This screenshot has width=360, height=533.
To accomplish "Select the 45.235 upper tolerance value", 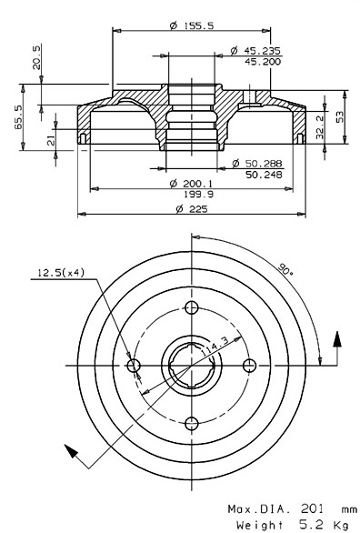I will [x=262, y=51].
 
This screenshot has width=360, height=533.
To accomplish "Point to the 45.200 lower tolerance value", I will [x=262, y=62].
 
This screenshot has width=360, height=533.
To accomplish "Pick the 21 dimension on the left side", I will [x=51, y=137].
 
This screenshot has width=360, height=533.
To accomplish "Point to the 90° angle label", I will [x=285, y=270].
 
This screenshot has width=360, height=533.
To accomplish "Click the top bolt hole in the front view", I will [x=191, y=306].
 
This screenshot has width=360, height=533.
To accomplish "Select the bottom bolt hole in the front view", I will [x=191, y=423].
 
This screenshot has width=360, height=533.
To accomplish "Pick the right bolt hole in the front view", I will [x=250, y=365].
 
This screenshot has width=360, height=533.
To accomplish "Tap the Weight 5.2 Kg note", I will [x=292, y=525].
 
